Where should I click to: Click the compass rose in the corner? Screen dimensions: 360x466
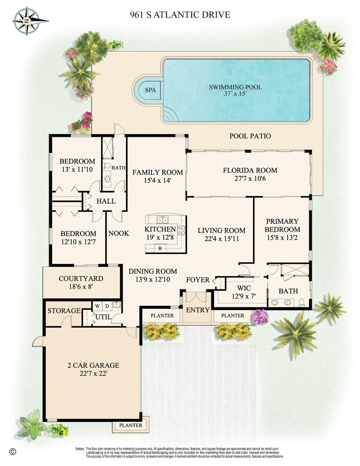click(27, 21)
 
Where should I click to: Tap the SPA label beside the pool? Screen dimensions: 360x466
click(150, 90)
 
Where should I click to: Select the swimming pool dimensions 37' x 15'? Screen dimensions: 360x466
click(236, 94)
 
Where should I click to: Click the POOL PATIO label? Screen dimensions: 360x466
click(250, 136)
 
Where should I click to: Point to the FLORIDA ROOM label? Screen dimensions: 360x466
click(250, 170)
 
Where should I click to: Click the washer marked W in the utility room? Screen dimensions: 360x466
click(97, 306)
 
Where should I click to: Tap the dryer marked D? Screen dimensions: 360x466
click(107, 306)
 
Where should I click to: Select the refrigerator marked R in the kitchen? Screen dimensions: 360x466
click(160, 249)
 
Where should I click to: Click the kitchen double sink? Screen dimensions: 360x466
click(163, 220)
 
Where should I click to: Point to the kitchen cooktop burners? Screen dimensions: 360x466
click(181, 230)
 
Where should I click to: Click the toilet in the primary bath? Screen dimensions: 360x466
click(302, 302)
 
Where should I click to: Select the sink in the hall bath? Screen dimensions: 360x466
click(107, 178)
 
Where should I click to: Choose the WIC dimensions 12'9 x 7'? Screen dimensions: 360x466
click(244, 296)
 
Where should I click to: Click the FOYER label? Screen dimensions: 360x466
click(198, 280)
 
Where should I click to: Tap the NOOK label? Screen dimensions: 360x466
click(119, 233)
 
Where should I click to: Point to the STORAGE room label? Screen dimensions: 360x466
click(64, 310)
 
